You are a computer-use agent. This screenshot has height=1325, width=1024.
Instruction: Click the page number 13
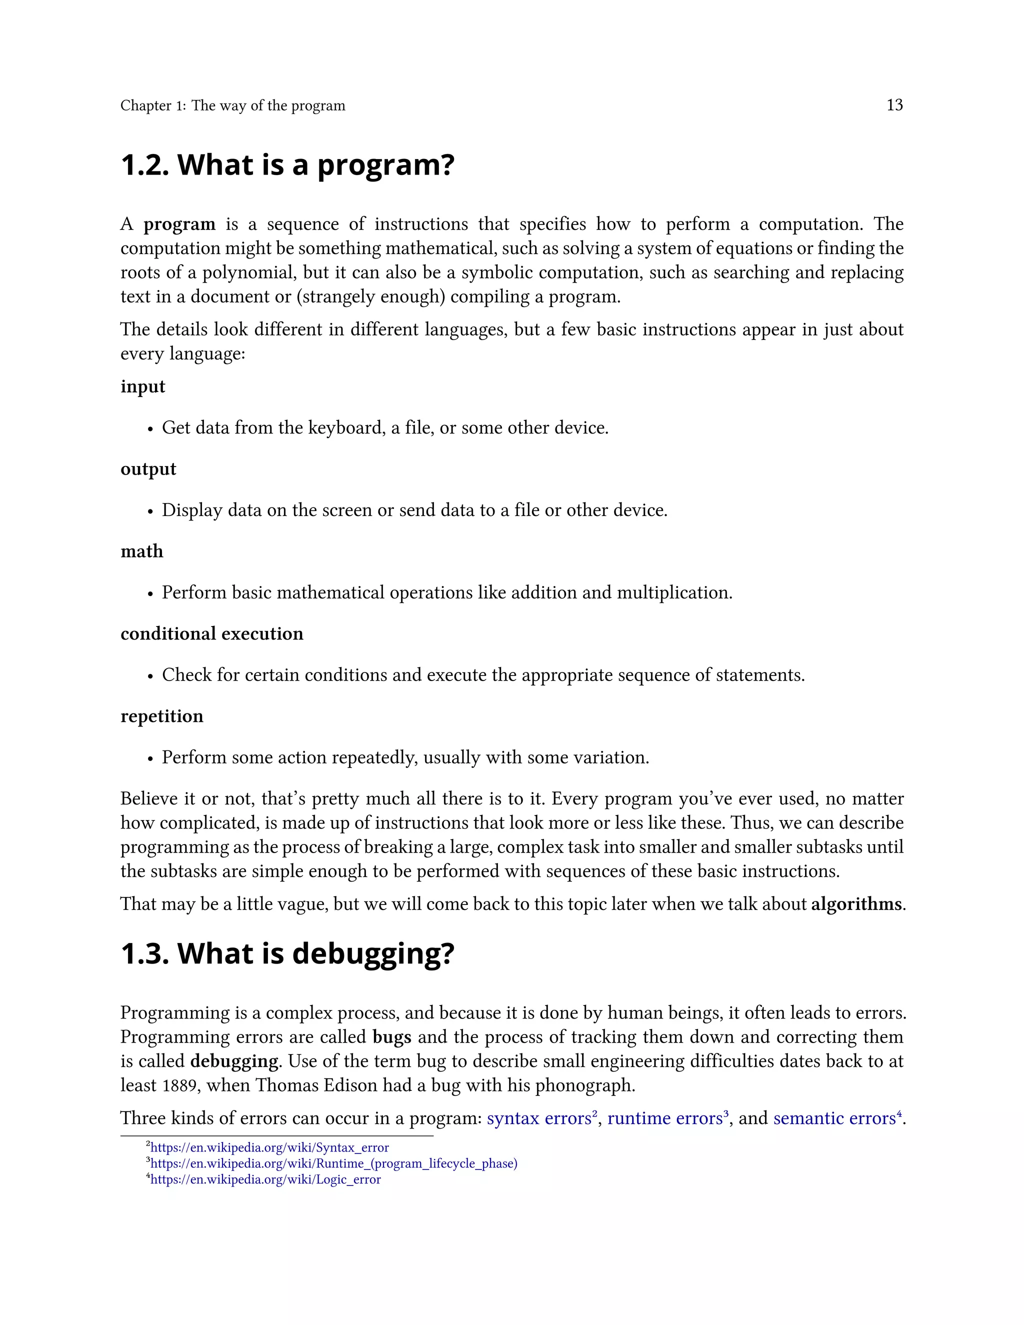point(894,105)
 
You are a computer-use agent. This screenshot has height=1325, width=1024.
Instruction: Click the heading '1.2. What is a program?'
point(287,165)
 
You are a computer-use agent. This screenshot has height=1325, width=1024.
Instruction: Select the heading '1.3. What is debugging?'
point(287,953)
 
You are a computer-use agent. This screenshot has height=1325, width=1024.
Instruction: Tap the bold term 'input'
point(142,386)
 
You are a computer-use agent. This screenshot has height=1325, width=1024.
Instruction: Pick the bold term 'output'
point(148,469)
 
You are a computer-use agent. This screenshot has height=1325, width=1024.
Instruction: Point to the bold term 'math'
point(141,551)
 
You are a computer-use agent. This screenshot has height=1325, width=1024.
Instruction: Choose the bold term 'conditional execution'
point(211,633)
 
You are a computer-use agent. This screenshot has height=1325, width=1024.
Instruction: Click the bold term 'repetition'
point(162,716)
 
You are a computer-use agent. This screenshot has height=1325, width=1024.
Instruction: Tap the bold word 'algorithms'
point(856,904)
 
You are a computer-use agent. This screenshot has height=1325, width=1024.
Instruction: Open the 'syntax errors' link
point(538,1118)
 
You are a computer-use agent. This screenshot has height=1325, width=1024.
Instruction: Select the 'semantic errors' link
point(834,1118)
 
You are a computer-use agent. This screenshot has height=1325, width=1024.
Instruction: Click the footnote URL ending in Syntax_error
point(269,1148)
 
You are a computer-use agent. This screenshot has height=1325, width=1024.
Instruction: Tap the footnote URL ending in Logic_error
point(265,1179)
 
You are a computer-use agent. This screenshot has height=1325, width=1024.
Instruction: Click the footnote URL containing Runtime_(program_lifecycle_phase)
point(333,1163)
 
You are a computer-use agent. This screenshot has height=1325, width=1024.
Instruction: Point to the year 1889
point(181,1085)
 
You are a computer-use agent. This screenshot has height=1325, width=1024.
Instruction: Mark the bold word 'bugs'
point(392,1037)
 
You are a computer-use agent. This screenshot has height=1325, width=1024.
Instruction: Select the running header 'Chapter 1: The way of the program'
point(232,105)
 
